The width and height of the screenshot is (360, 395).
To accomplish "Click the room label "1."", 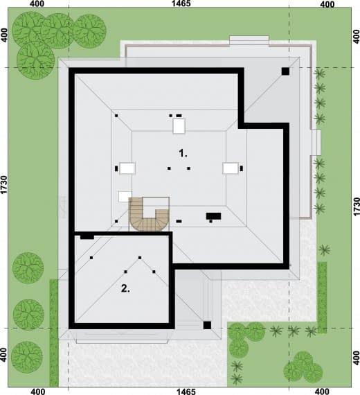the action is click(x=183, y=153).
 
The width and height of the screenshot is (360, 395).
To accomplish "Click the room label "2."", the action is click(x=125, y=288).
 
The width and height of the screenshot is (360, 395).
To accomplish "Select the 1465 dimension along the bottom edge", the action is click(x=186, y=392).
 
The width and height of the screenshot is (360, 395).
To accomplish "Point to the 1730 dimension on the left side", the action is click(x=3, y=185).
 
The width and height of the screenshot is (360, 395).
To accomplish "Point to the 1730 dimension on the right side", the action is click(x=357, y=207).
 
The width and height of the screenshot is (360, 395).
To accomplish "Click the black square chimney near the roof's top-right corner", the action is click(x=285, y=71).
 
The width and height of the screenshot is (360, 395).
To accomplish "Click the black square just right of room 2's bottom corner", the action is click(x=207, y=325).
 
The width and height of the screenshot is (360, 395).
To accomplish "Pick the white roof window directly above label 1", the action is click(x=179, y=125).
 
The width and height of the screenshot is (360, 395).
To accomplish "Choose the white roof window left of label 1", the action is click(x=127, y=168).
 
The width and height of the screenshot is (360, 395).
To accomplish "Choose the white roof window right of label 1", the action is click(x=231, y=168).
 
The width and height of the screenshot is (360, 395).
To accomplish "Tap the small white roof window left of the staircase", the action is click(x=125, y=197).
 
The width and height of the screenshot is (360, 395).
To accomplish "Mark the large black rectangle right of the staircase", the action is click(x=213, y=216).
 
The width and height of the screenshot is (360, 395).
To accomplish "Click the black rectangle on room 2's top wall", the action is click(x=87, y=237).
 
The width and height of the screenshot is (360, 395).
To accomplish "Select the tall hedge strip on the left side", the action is click(x=54, y=333).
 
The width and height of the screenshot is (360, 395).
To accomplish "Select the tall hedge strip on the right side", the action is click(x=322, y=297).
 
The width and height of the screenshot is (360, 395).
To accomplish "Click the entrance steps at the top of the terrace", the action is click(x=249, y=41).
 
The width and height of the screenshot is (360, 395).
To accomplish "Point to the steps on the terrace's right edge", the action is click(x=316, y=142).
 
